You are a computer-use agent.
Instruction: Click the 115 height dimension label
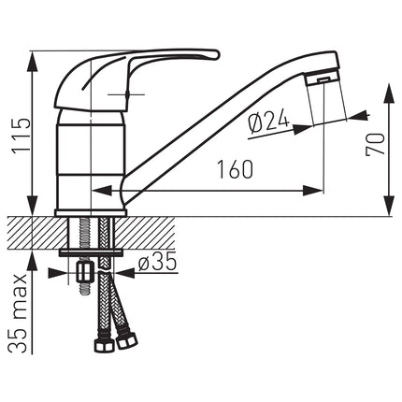pyautogui.click(x=21, y=136)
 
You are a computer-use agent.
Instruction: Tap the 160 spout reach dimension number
pyautogui.click(x=235, y=169)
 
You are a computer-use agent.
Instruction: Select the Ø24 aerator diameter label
pyautogui.click(x=268, y=122)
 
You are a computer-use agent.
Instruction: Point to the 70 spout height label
pyautogui.click(x=375, y=144)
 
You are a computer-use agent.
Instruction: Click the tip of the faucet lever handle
pyautogui.click(x=217, y=54)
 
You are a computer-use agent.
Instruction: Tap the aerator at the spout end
pyautogui.click(x=323, y=79)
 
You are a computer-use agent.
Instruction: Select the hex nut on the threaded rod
pyautogui.click(x=83, y=272)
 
